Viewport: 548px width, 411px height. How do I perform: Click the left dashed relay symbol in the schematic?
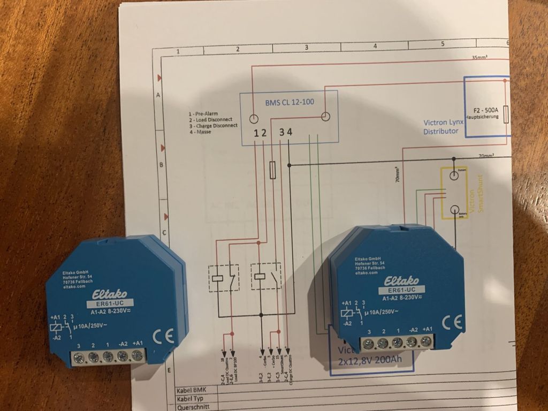(223, 277)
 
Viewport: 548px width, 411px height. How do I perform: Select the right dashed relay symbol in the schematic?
(266, 276)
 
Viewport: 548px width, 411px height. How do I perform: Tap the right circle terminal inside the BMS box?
(324, 117)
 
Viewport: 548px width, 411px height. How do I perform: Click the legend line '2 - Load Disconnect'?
(212, 120)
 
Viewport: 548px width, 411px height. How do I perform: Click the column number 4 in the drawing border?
(375, 47)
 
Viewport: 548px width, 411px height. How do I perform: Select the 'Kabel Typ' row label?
(191, 399)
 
